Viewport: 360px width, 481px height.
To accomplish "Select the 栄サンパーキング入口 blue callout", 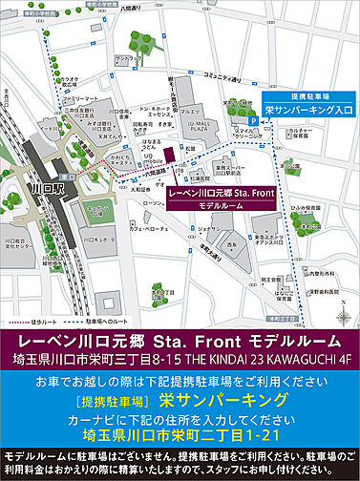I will (x=308, y=110).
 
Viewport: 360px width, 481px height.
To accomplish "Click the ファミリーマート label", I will (x=81, y=98).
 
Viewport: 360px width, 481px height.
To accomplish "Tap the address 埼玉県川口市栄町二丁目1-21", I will (x=180, y=408).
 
